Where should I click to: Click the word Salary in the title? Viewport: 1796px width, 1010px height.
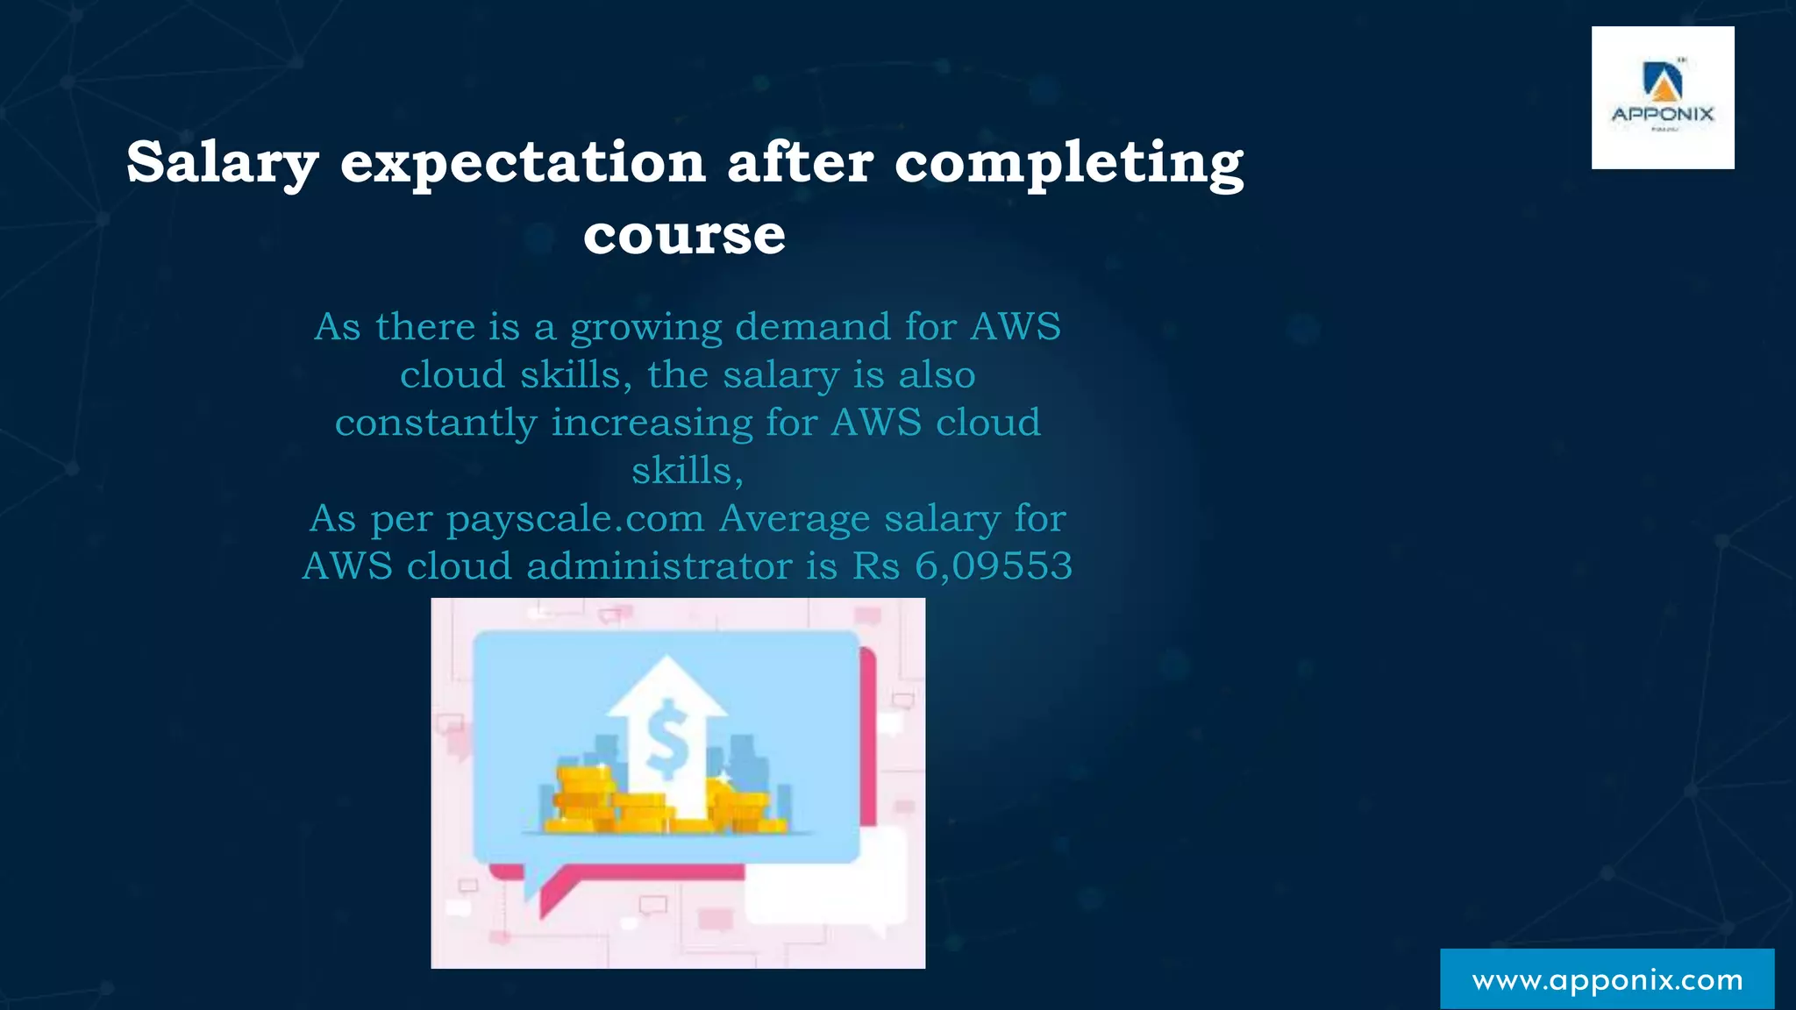point(222,163)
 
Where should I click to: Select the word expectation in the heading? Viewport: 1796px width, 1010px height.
point(523,163)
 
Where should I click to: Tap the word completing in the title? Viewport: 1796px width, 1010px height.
point(1068,163)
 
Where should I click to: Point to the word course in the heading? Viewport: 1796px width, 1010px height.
point(684,235)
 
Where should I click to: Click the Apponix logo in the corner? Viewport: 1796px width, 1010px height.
point(1663,97)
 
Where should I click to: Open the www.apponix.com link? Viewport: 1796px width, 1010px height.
point(1607,979)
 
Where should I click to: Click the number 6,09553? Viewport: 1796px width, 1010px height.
point(994,566)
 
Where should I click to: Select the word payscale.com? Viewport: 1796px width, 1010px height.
point(575,519)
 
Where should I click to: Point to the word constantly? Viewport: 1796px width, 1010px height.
point(436,423)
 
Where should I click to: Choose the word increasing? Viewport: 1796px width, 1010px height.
point(652,423)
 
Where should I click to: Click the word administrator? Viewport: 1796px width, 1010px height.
point(659,566)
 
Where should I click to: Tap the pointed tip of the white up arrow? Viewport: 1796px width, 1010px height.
point(667,659)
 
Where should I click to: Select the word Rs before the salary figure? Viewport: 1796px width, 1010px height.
point(876,566)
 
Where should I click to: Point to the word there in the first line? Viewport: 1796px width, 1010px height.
point(425,327)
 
